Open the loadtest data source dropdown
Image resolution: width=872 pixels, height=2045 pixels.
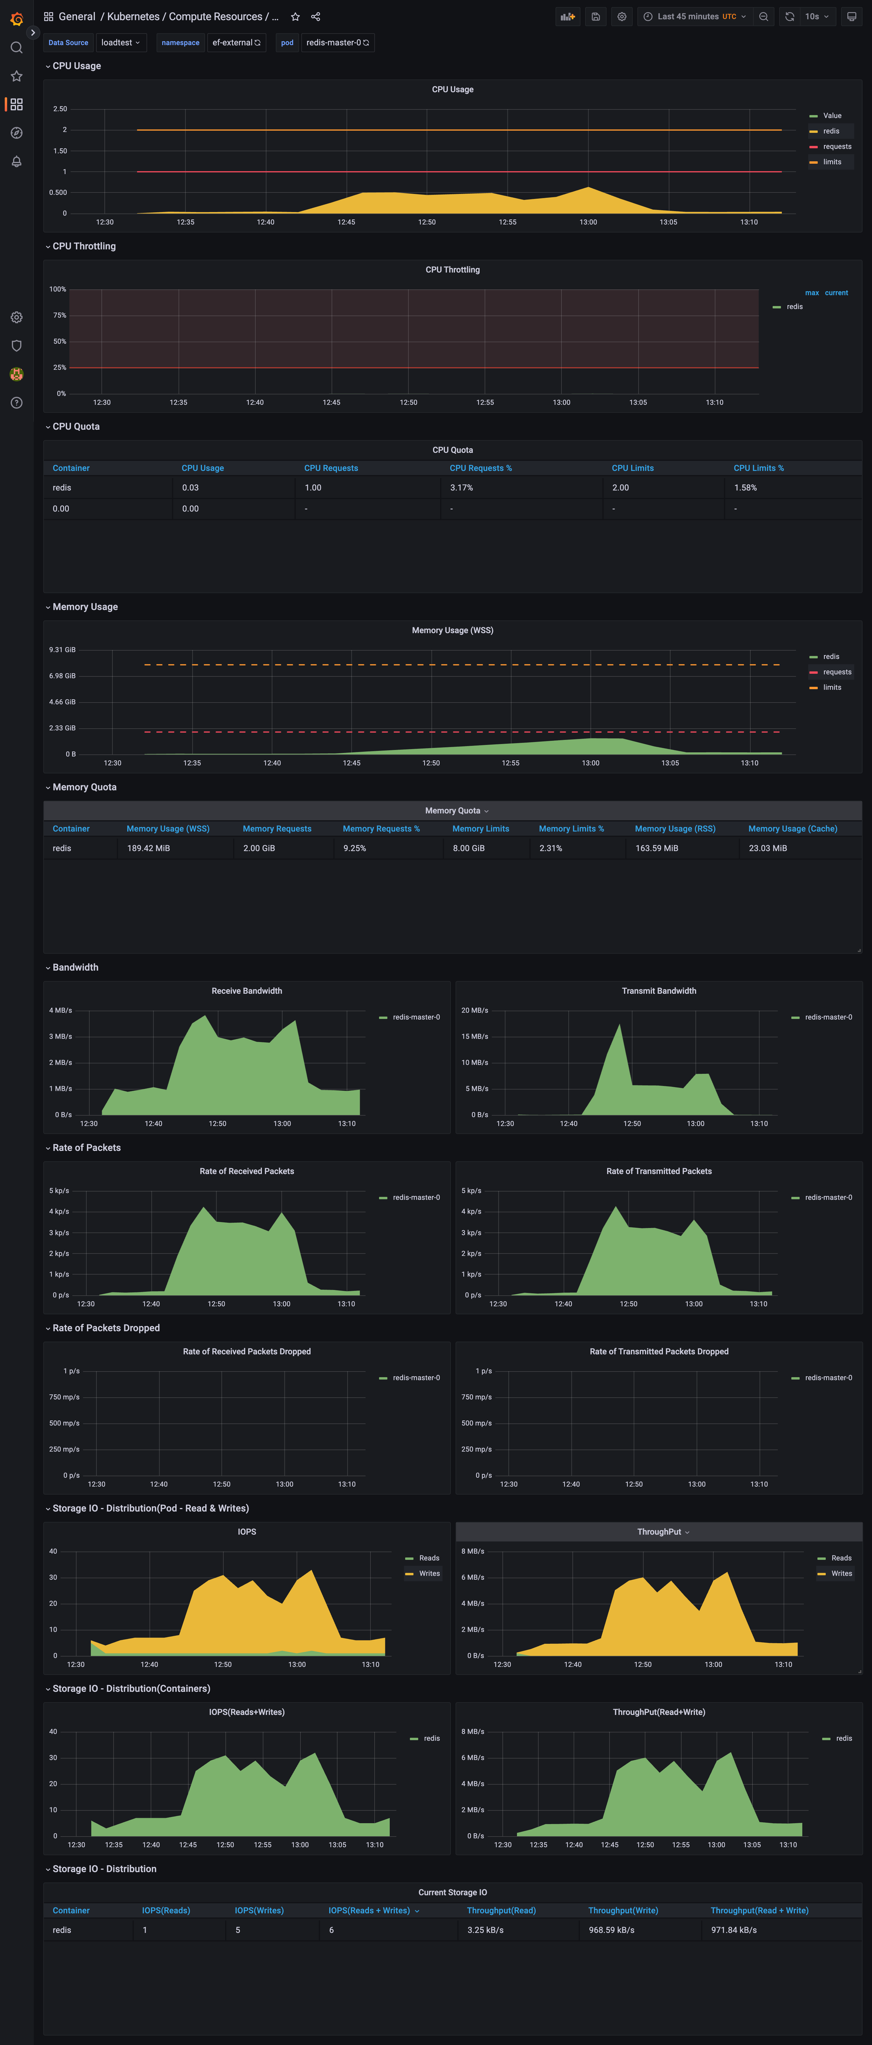point(120,43)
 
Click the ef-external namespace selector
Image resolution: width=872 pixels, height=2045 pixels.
point(236,43)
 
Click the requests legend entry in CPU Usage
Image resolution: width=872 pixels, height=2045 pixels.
point(836,147)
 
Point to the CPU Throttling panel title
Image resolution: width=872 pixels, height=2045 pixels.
point(452,270)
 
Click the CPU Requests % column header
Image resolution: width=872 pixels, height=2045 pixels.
point(480,468)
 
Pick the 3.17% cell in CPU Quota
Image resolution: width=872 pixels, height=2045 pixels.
point(462,488)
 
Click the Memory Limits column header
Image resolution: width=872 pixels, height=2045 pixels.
point(480,829)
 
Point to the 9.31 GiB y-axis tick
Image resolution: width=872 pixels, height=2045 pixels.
point(62,649)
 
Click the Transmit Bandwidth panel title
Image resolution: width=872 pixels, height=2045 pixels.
point(658,991)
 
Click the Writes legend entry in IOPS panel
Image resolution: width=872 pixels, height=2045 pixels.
point(429,1573)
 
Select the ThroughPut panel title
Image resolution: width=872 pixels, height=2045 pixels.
point(658,1532)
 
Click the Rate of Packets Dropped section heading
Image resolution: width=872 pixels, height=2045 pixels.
point(106,1328)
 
